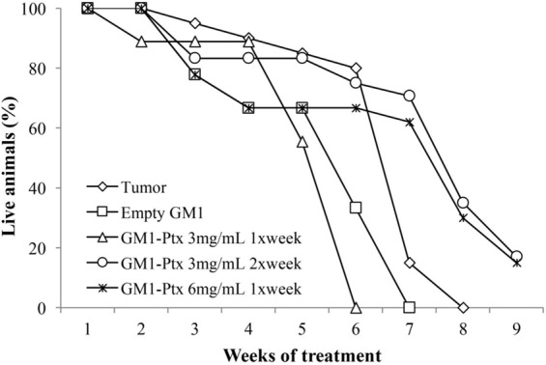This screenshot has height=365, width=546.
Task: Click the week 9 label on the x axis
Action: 517,327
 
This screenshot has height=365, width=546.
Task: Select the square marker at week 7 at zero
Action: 410,308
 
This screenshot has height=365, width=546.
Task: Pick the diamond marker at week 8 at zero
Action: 463,308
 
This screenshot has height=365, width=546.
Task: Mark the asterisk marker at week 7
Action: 410,123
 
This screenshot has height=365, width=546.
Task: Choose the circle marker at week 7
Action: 410,96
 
